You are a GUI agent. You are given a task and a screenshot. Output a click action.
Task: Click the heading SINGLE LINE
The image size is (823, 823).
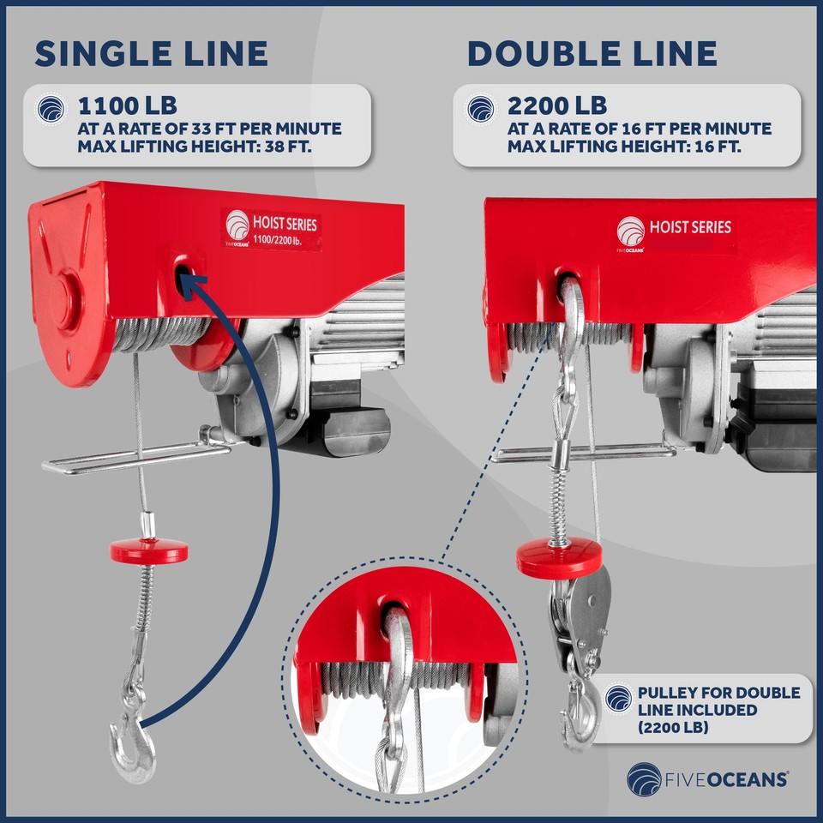click(151, 53)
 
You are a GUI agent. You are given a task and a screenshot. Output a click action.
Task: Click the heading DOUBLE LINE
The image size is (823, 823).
click(592, 53)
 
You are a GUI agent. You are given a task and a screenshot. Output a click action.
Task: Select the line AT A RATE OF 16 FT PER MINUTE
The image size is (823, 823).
click(639, 129)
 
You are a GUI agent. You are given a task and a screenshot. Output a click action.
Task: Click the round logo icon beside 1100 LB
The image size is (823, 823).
click(51, 109)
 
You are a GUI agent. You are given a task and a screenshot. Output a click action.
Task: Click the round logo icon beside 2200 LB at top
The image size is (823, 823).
click(481, 109)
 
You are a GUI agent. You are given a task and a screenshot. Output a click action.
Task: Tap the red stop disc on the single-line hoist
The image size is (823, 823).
click(149, 550)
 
